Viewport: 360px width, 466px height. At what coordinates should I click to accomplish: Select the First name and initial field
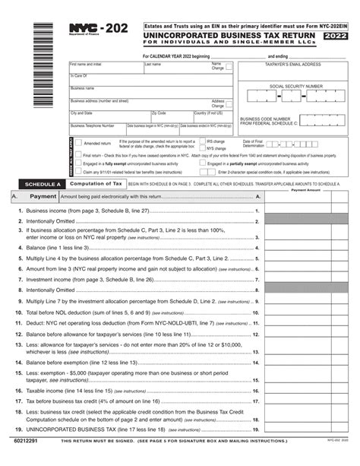[105, 68]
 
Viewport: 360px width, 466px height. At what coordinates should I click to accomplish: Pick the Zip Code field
[172, 116]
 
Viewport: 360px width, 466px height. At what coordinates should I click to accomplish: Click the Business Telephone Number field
[97, 128]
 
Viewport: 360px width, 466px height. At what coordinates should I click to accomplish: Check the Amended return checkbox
[79, 143]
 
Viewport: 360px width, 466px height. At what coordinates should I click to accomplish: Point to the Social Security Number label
[295, 87]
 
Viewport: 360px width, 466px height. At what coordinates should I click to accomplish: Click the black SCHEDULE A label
[43, 184]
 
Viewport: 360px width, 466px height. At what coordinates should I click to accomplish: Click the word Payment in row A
[43, 196]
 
